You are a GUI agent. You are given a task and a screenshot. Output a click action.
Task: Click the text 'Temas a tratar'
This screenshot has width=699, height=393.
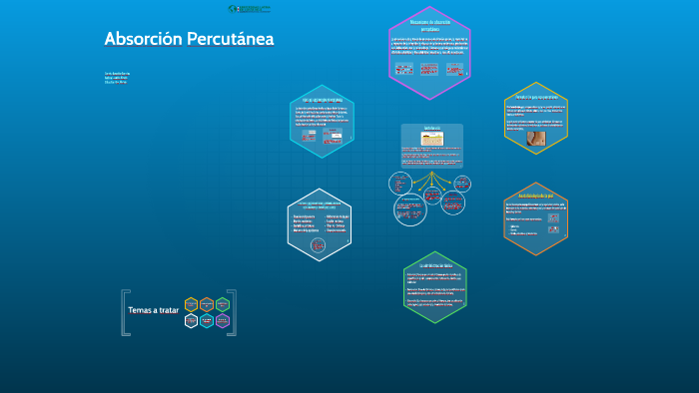tap(153, 310)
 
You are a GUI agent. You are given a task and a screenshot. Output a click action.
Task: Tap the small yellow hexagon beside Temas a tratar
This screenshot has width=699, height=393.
tap(191, 304)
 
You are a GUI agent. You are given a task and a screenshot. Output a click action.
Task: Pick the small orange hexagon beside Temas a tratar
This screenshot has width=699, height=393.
tap(206, 303)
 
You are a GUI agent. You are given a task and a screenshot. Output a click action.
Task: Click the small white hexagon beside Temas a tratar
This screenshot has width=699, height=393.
tap(191, 320)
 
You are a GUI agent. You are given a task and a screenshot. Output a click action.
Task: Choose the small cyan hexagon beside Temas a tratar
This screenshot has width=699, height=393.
tap(206, 320)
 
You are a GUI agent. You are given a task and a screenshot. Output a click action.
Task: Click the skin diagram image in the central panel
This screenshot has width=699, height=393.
tap(431, 141)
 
